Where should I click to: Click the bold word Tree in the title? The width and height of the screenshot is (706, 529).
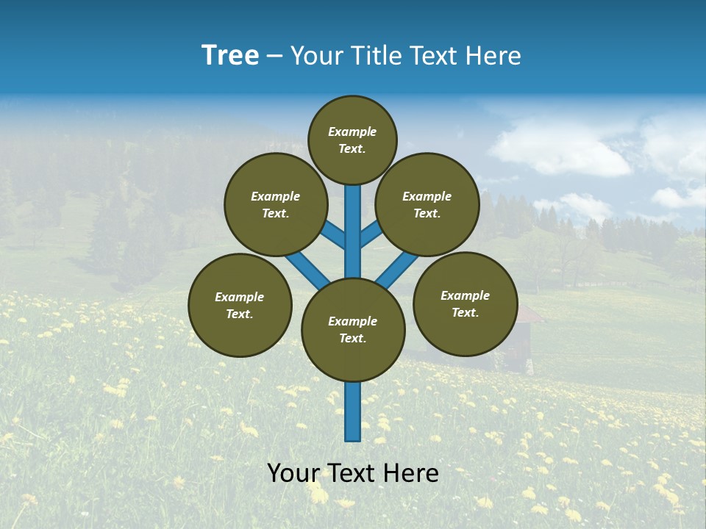(230, 56)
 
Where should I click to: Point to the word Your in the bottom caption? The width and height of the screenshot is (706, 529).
(293, 473)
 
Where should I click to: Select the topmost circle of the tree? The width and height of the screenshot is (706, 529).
(352, 140)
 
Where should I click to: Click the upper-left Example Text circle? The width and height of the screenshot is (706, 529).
(276, 204)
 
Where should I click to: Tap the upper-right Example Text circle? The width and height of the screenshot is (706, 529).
(427, 204)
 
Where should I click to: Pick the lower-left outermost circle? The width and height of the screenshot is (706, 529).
(240, 305)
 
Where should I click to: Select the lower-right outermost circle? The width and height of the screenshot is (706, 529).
(465, 303)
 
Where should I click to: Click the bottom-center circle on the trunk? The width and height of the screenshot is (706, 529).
(353, 330)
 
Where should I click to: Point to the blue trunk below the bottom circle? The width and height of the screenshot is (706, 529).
(353, 411)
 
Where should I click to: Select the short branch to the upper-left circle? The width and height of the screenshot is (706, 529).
(333, 235)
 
